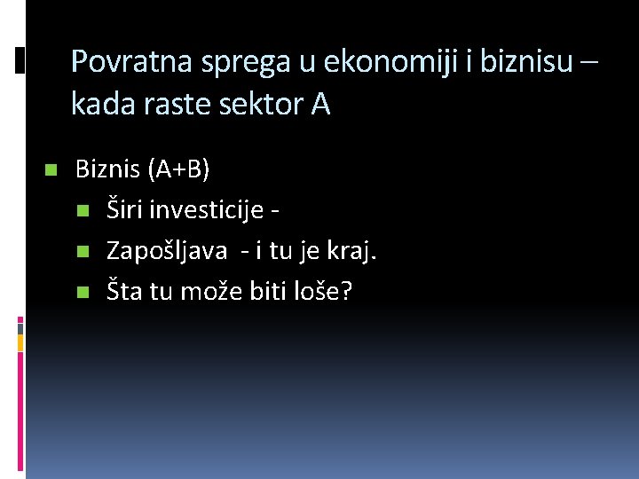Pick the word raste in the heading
[167, 106]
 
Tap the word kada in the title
[99, 106]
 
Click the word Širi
[124, 210]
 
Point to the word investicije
[206, 210]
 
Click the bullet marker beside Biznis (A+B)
[50, 169]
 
